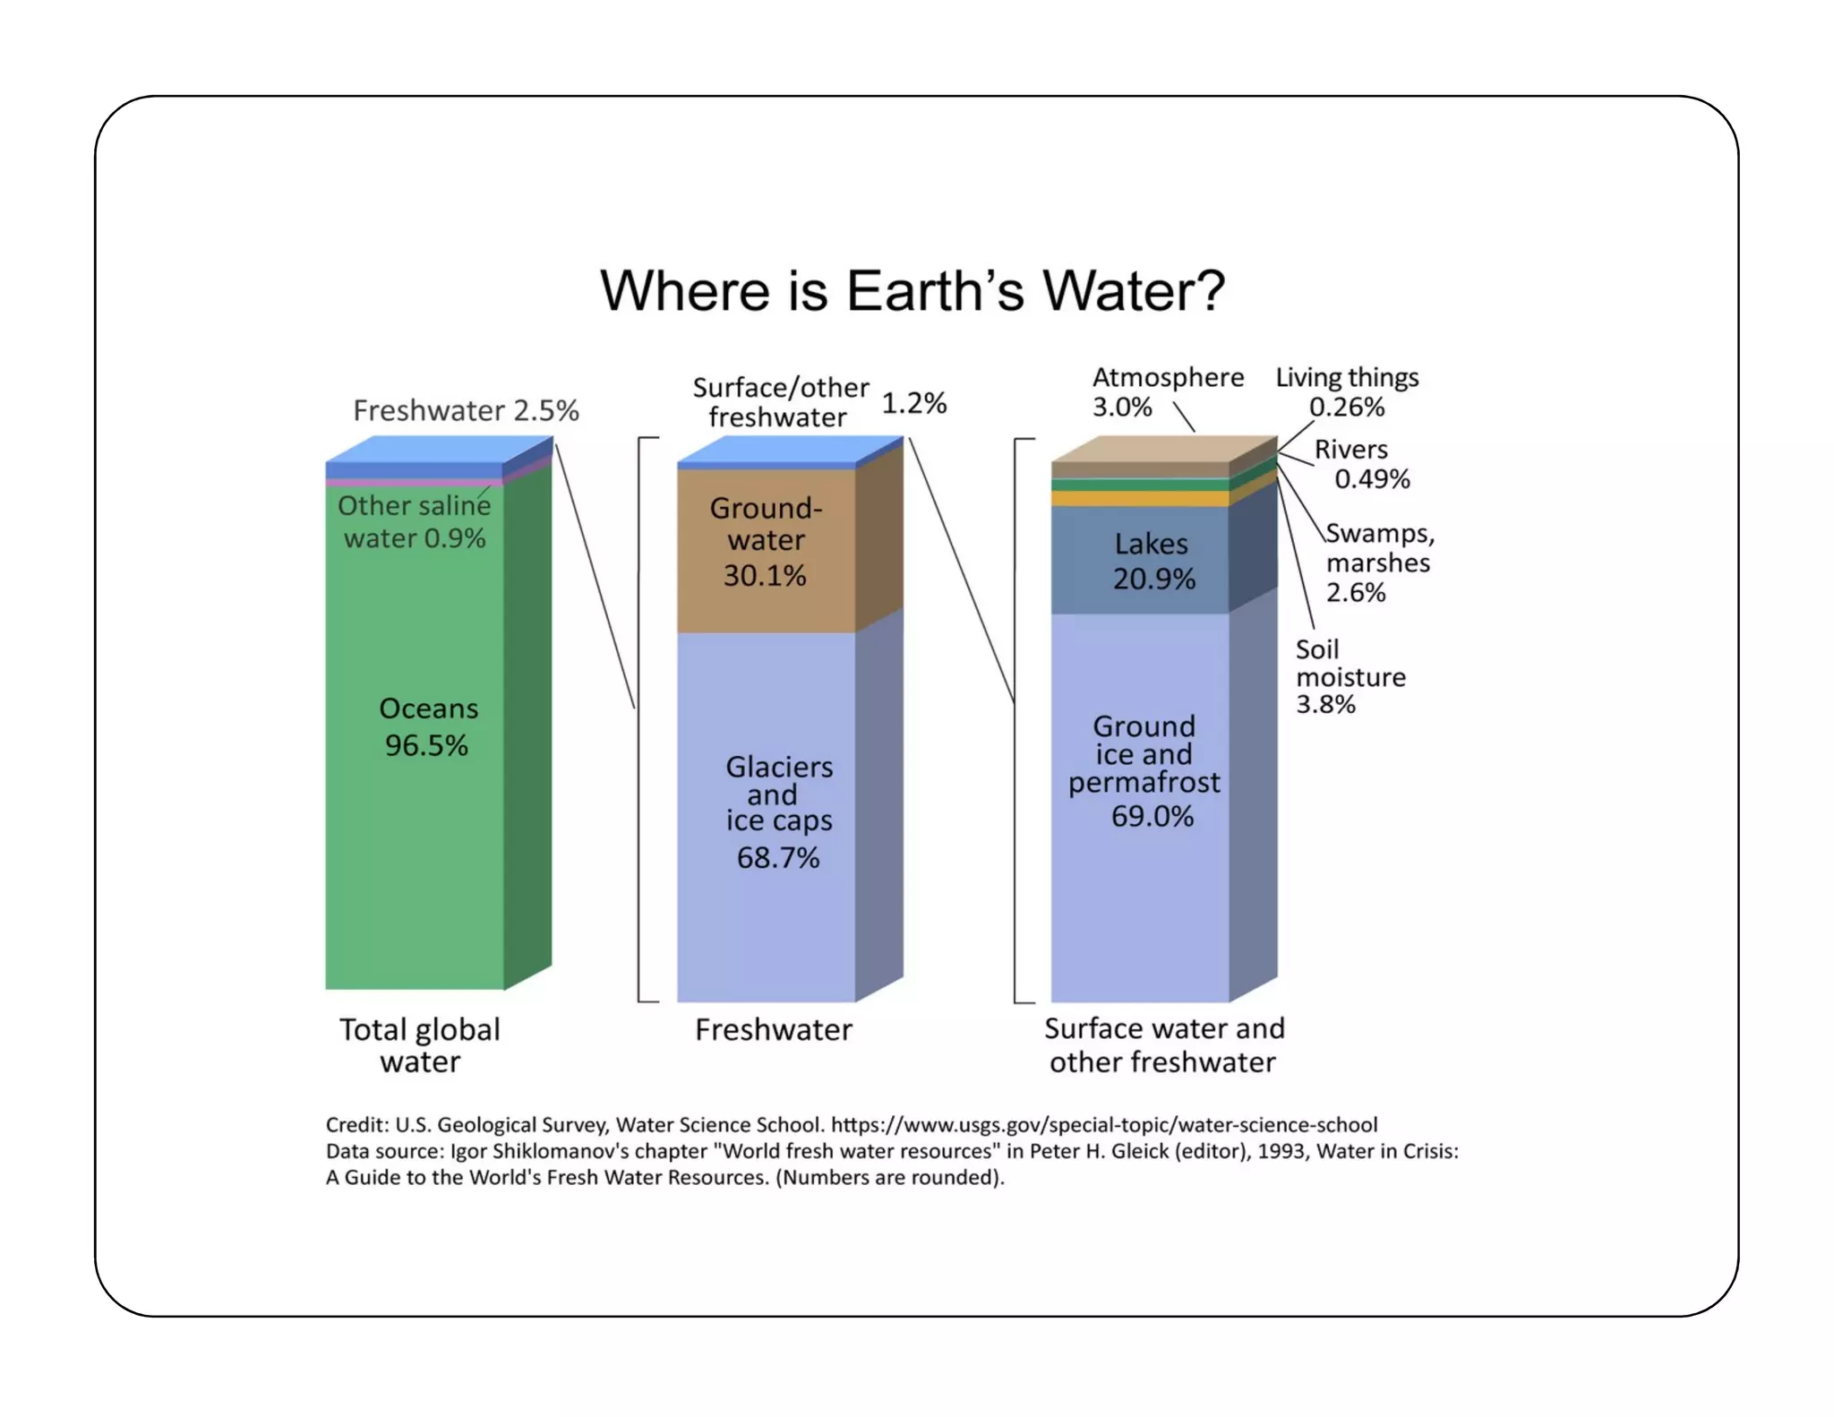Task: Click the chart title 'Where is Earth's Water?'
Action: (912, 291)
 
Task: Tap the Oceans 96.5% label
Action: (427, 726)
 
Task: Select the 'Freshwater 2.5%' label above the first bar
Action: (466, 410)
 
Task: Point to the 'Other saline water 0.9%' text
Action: (414, 521)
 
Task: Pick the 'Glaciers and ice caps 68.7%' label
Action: (778, 811)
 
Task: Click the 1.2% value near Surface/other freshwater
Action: (913, 403)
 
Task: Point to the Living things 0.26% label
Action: (1347, 391)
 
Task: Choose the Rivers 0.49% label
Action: (1360, 464)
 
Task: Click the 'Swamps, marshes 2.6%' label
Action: (1379, 563)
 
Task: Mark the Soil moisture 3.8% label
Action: (1349, 676)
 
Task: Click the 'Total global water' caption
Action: (419, 1045)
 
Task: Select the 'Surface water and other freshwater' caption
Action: (1163, 1045)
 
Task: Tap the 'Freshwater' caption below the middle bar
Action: (773, 1030)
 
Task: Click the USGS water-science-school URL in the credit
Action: (1103, 1125)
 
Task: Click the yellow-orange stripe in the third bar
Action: (1139, 499)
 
